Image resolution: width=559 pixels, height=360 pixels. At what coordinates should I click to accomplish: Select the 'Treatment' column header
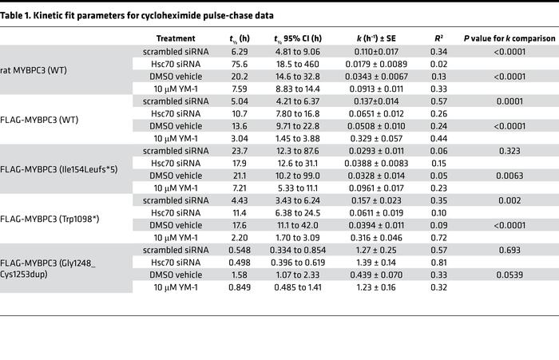pyautogui.click(x=175, y=38)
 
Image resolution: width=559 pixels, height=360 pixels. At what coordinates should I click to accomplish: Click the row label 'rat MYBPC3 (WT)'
pyautogui.click(x=36, y=69)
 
